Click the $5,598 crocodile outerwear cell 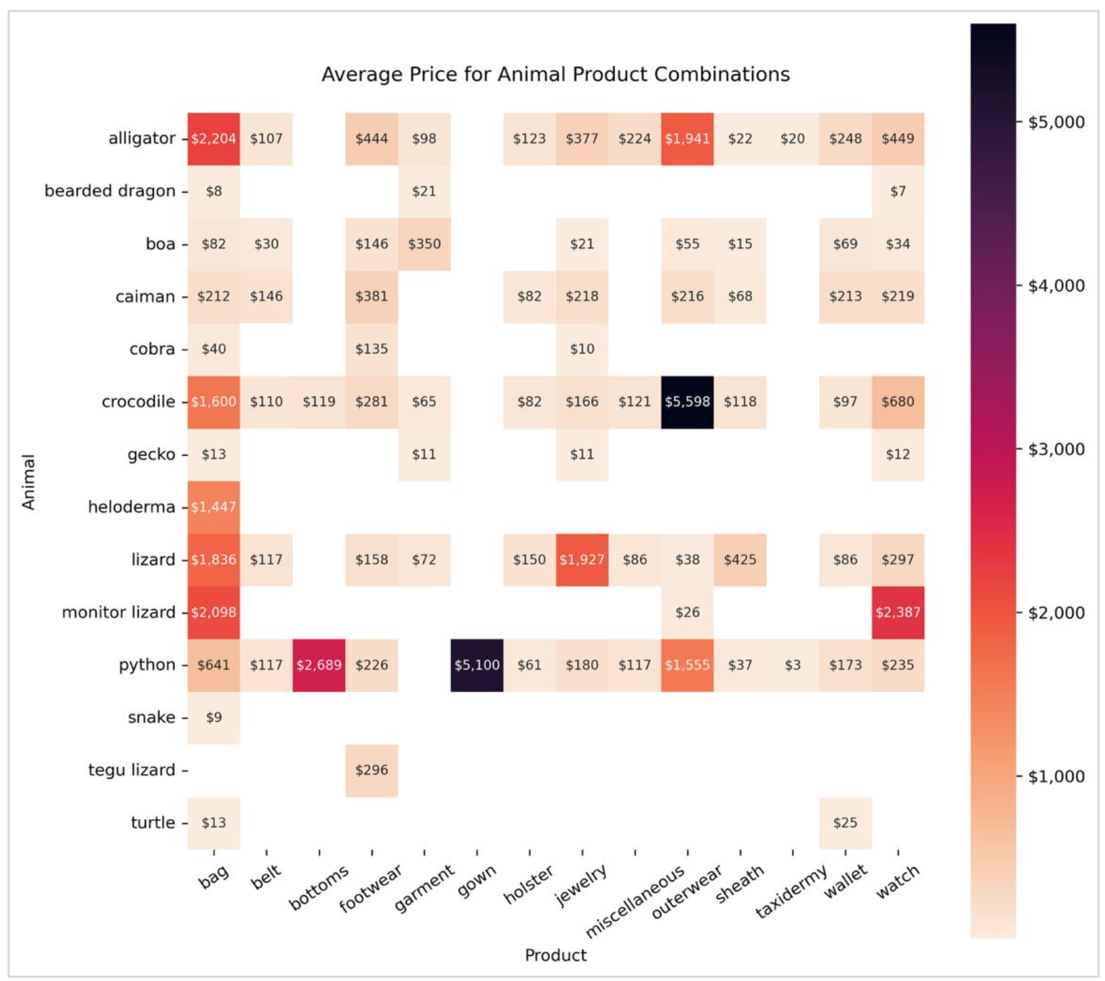tap(687, 401)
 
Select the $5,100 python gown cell tap(477, 665)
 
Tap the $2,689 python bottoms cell tap(318, 665)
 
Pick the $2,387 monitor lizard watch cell tap(897, 612)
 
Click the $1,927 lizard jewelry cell tap(582, 559)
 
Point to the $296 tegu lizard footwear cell tap(372, 770)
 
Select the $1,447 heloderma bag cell tap(214, 507)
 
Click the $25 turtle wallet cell tap(845, 822)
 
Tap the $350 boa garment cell tap(424, 244)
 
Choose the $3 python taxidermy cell tap(793, 665)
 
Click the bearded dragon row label tap(110, 191)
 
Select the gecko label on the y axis tap(151, 454)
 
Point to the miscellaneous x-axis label tap(634, 902)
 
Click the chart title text tap(555, 74)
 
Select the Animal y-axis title tap(29, 482)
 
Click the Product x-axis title tap(555, 955)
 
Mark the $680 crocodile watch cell tap(897, 401)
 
